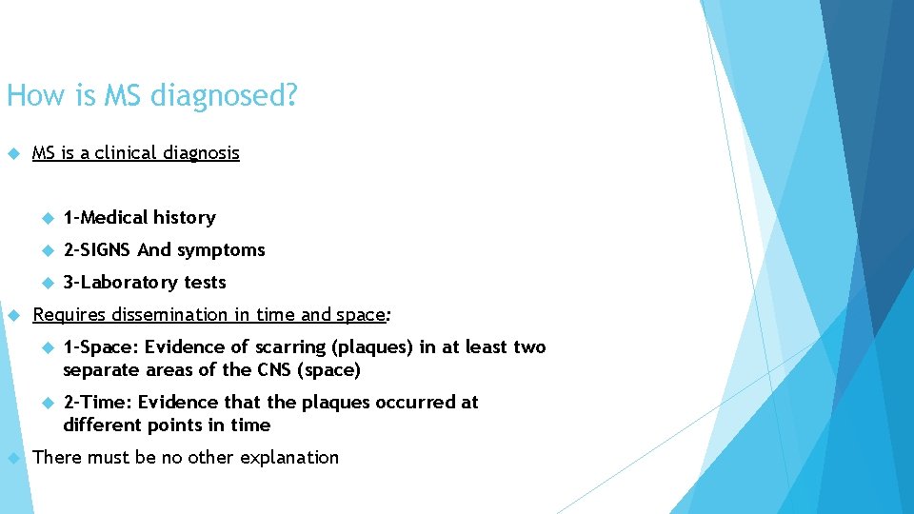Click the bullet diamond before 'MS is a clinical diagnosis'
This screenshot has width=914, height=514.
[x=11, y=153]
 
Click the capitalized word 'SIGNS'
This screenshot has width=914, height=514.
[x=105, y=250]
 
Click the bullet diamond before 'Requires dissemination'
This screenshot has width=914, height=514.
[x=11, y=315]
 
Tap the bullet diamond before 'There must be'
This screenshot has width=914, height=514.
[x=11, y=458]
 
